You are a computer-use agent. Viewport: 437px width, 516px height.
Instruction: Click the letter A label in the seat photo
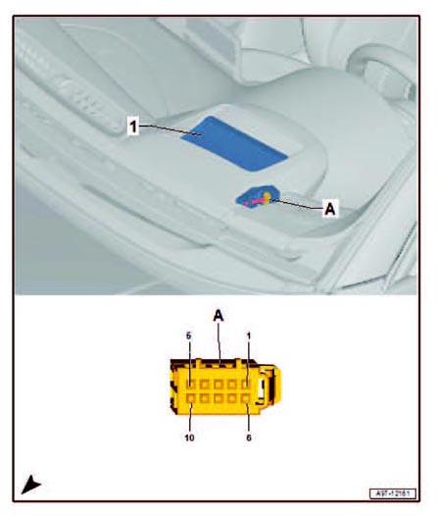[329, 208]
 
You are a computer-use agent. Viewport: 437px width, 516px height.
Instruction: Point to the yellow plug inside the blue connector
[267, 197]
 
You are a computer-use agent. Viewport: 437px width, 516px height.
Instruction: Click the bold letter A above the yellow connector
[219, 315]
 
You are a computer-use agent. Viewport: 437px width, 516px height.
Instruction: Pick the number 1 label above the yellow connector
[249, 336]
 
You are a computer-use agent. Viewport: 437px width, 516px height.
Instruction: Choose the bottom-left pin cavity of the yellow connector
[190, 399]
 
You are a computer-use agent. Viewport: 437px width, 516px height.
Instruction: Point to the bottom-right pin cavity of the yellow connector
[247, 399]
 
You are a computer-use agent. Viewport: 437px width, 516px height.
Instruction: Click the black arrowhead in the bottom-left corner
[31, 484]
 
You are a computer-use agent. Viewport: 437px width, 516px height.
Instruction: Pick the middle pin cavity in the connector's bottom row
[218, 399]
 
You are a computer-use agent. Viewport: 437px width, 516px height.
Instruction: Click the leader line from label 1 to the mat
[167, 129]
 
